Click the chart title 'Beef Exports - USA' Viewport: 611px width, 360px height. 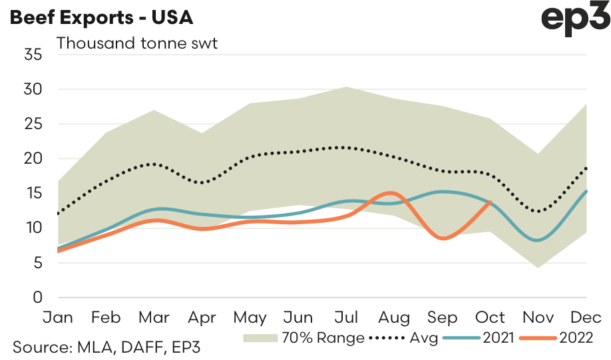(101, 18)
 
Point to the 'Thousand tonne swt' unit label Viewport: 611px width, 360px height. (138, 44)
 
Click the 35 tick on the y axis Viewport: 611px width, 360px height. (33, 55)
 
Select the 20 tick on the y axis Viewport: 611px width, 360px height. (33, 158)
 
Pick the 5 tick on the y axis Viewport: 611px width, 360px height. (37, 263)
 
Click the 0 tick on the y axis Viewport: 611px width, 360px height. (37, 297)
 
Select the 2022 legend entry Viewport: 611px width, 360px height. (558, 338)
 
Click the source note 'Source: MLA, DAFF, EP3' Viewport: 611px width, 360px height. (106, 347)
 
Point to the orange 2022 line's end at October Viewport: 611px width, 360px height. (491, 202)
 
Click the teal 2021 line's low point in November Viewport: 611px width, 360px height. (538, 240)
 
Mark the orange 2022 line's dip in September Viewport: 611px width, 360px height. (442, 238)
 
